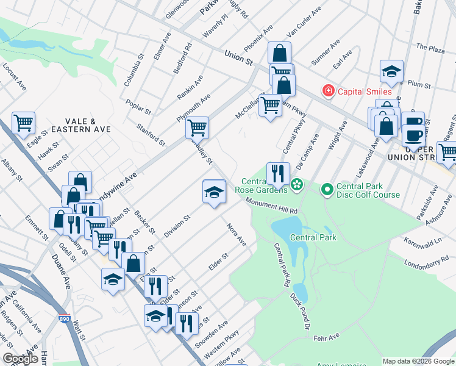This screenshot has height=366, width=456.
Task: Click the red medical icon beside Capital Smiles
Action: pos(329,91)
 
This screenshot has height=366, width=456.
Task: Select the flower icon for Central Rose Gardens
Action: pos(297,184)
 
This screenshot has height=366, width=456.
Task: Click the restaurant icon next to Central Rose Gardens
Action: pos(277,174)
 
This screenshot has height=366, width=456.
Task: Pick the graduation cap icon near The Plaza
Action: pos(391,71)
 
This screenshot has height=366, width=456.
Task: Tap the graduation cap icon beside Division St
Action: pos(214,192)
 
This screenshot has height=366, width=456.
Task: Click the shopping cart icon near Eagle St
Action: pos(23,123)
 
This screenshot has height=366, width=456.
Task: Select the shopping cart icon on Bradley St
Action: pos(197,127)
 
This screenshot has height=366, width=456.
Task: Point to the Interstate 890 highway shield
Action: pos(64,318)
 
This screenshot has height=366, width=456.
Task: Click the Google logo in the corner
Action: pos(21,359)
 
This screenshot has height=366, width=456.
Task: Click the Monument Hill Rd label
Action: pos(271,206)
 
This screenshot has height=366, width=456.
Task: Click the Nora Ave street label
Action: pos(236,235)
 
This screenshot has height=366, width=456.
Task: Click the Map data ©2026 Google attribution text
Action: pos(418,361)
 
